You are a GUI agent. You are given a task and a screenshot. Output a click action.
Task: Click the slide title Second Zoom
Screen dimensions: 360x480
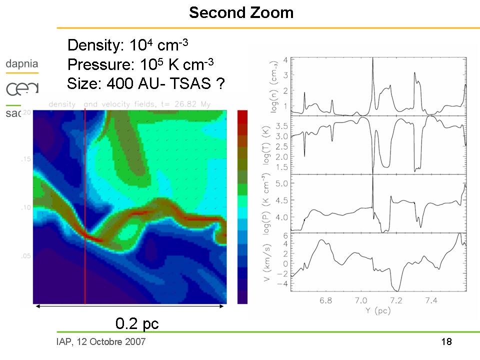pos(241,12)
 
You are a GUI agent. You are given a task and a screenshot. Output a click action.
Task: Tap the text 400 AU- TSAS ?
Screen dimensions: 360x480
pos(165,84)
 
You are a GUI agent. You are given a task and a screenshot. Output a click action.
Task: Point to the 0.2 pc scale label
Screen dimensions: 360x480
pos(136,323)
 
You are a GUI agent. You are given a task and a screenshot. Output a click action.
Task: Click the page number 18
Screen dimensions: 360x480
pos(446,342)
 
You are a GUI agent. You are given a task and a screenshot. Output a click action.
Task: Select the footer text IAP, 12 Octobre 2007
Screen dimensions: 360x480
pos(101,342)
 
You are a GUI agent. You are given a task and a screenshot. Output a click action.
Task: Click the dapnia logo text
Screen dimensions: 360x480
pos(21,64)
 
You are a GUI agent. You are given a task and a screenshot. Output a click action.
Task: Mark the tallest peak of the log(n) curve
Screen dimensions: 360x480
pos(372,59)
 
